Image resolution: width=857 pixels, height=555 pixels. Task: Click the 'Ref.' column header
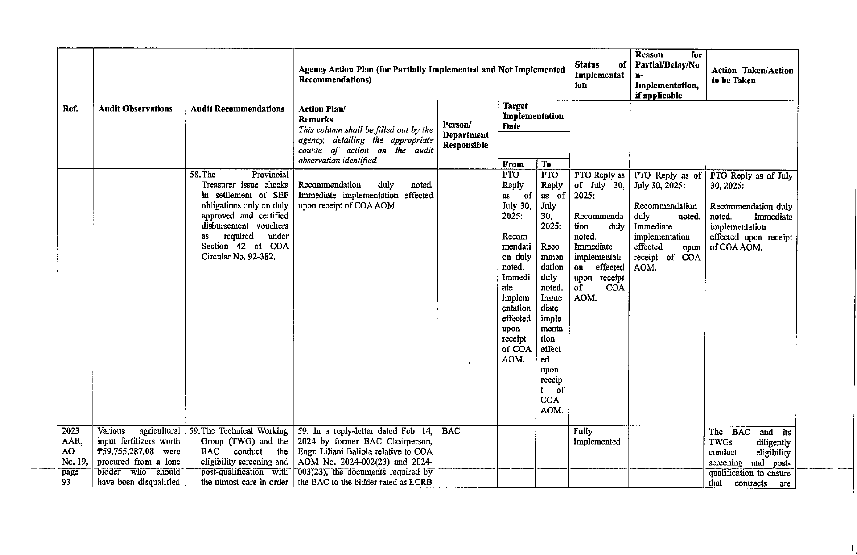pos(70,109)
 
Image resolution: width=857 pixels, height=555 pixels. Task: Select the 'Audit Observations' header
pos(135,109)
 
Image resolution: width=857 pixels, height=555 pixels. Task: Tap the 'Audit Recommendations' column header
pos(237,109)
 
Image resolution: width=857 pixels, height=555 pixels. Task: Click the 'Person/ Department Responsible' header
pos(466,135)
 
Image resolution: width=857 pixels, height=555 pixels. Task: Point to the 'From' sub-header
pos(513,164)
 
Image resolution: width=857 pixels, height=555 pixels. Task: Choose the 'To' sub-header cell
pos(546,164)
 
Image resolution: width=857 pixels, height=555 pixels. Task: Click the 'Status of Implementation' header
pos(600,75)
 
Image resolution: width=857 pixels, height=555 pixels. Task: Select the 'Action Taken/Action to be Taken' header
pos(752,75)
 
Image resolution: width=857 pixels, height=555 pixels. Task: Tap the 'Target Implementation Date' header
pos(533,116)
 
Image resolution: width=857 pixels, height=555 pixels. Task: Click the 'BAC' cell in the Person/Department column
pos(451,431)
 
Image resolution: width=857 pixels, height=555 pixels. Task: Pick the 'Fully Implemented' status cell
pos(596,437)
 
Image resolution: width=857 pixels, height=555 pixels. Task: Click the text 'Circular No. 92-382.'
pos(238,257)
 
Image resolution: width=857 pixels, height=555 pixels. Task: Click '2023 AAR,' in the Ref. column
pos(70,436)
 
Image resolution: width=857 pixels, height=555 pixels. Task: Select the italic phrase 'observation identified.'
pos(338,161)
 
